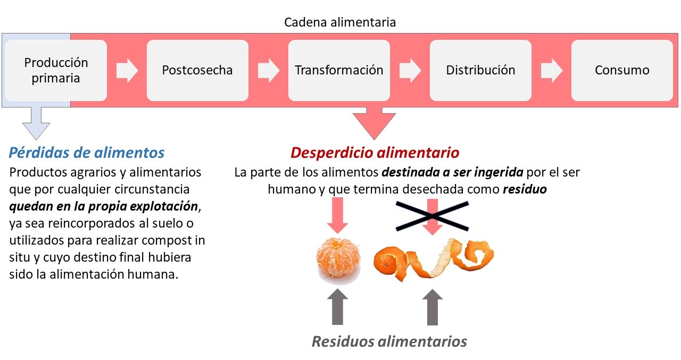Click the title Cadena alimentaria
click(x=340, y=22)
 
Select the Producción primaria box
click(x=56, y=70)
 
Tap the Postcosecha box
click(x=197, y=70)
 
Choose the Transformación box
click(x=339, y=70)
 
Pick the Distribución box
click(x=480, y=70)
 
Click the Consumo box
click(x=622, y=70)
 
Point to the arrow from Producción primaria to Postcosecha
click(x=127, y=71)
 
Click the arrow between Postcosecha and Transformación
click(x=269, y=71)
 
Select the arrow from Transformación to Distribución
click(x=410, y=71)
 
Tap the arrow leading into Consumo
click(x=552, y=71)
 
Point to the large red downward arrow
click(x=374, y=123)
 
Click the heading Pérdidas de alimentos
click(x=87, y=153)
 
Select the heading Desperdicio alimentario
click(x=375, y=153)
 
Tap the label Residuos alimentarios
click(x=389, y=341)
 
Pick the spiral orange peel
click(x=434, y=258)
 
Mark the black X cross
click(x=433, y=216)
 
